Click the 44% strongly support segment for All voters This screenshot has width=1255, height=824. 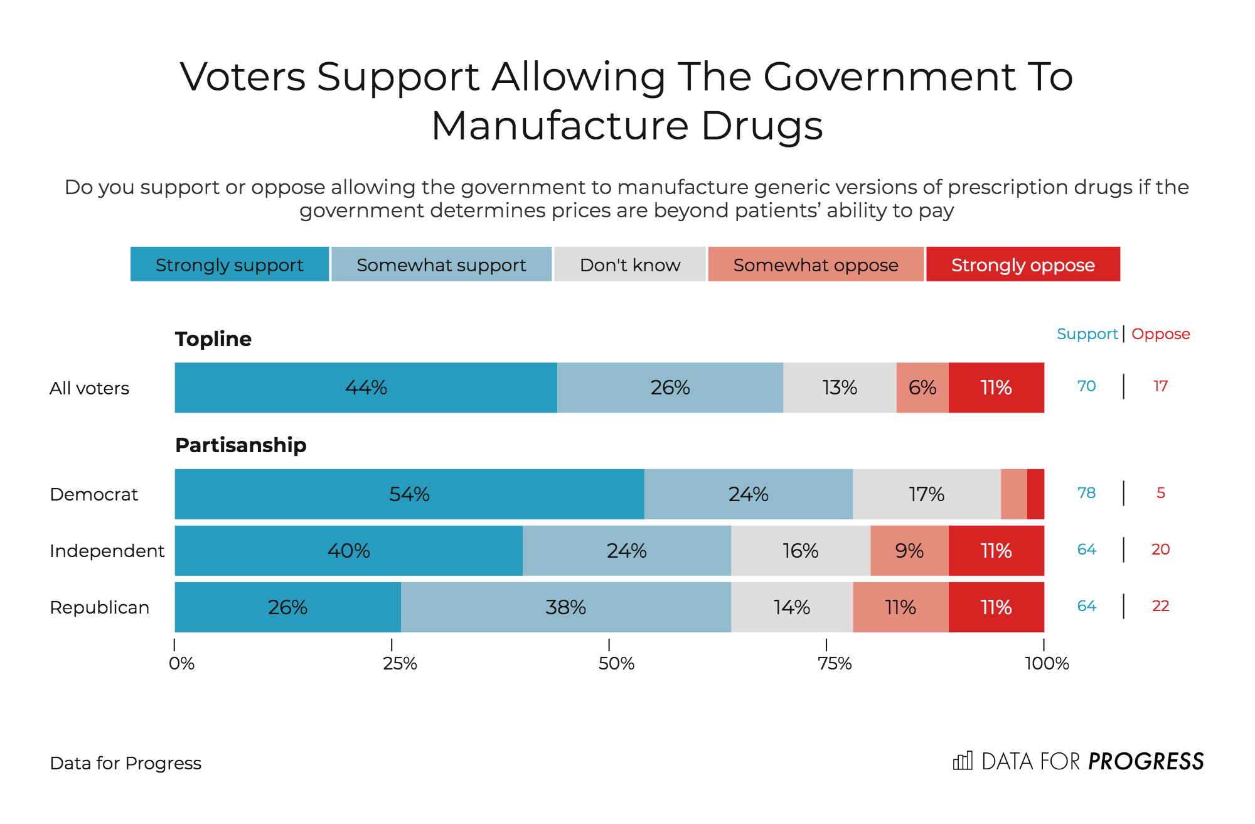click(366, 388)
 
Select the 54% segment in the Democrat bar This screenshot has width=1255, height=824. click(409, 494)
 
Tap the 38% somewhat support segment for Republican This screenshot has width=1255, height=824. click(565, 607)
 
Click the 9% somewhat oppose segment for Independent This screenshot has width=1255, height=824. click(909, 551)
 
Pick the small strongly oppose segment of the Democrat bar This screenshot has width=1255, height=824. click(1035, 494)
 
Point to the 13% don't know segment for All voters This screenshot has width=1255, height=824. click(840, 388)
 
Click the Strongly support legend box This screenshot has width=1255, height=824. click(230, 264)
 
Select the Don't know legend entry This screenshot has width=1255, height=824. click(630, 264)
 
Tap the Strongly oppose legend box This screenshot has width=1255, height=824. click(1023, 264)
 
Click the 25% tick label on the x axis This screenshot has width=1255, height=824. click(400, 663)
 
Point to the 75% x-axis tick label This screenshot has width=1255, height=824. click(835, 663)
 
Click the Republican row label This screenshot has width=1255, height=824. click(99, 607)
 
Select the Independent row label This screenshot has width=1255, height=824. click(107, 551)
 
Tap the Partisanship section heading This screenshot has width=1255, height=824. click(240, 445)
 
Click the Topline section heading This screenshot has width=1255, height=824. click(213, 339)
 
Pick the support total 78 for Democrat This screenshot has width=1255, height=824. click(1086, 493)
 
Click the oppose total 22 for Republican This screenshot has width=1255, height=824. click(1160, 606)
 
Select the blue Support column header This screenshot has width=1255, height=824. click(1087, 334)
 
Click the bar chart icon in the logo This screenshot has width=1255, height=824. click(963, 761)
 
